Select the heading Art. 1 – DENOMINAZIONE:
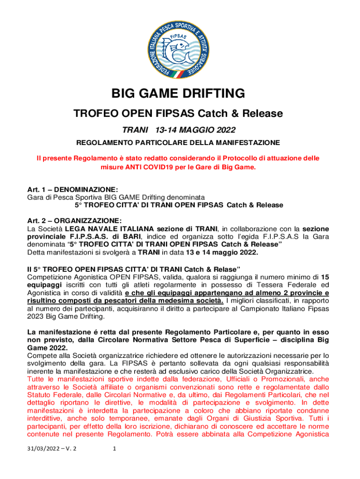click(x=72, y=190)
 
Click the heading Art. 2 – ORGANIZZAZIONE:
click(x=75, y=220)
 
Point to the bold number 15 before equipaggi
click(x=324, y=276)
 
